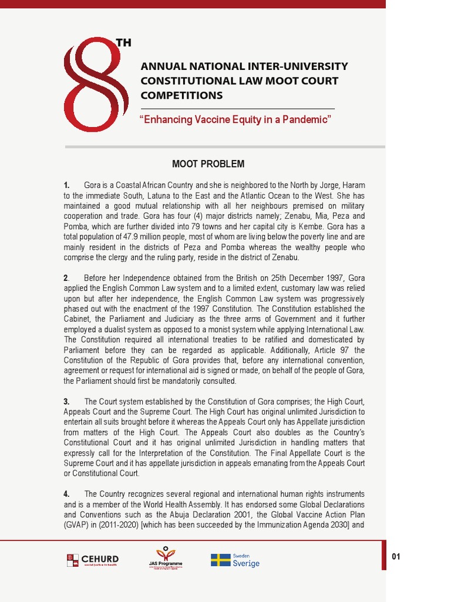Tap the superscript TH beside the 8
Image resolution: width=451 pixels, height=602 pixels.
coord(123,43)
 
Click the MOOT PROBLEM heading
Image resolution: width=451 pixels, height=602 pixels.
coord(208,164)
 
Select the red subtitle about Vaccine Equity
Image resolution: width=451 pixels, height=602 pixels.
coord(235,120)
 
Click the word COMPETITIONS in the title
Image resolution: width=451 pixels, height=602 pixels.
coord(181,95)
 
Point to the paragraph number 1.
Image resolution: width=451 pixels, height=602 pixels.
coord(67,185)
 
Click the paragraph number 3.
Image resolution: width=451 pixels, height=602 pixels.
coord(66,402)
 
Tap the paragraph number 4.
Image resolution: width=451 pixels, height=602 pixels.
coord(67,494)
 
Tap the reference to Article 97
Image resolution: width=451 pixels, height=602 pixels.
coord(335,350)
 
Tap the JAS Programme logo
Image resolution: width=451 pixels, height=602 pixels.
coord(166,557)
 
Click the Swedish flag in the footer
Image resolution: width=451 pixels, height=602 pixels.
coord(220,560)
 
